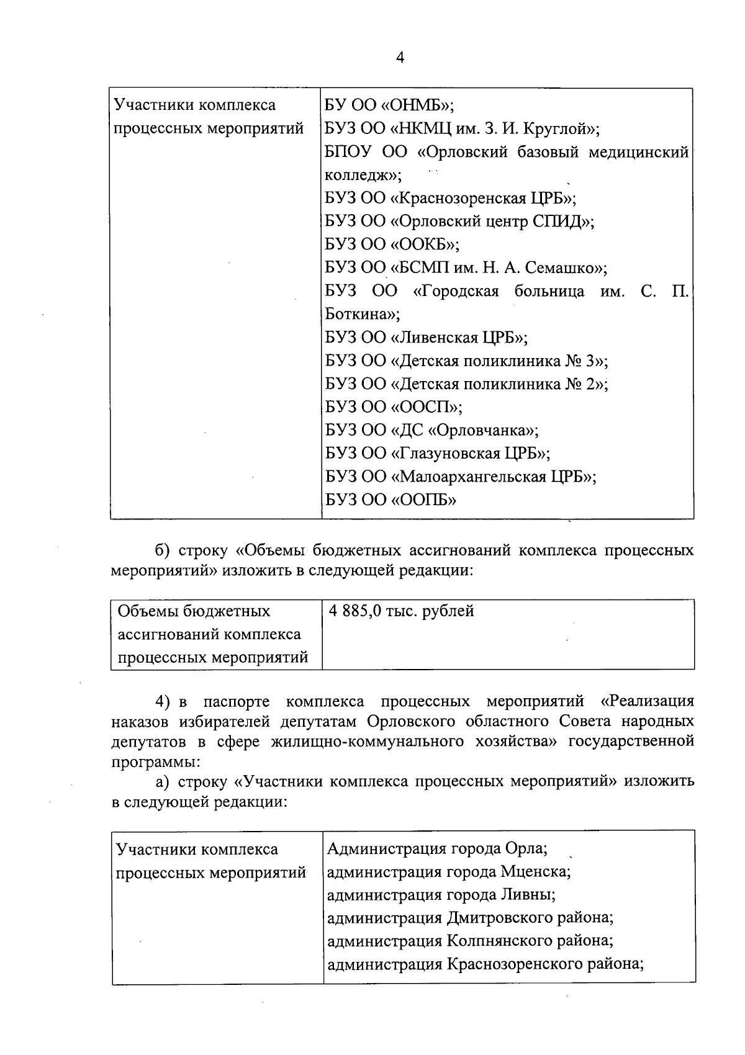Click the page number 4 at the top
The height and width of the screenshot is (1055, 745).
400,58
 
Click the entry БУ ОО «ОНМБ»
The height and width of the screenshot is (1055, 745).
389,105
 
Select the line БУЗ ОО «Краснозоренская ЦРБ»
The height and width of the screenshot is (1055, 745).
451,199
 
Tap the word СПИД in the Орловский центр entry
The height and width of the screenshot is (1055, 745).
556,222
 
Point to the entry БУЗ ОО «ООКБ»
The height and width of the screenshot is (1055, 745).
392,245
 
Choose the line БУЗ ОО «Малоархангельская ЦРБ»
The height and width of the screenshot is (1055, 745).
461,477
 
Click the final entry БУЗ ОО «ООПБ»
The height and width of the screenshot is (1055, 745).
391,500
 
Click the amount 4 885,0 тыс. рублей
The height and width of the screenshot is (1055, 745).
402,611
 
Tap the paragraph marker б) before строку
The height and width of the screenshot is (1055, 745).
163,551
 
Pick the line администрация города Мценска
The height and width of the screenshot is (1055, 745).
449,872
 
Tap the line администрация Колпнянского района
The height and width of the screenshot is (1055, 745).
470,941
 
